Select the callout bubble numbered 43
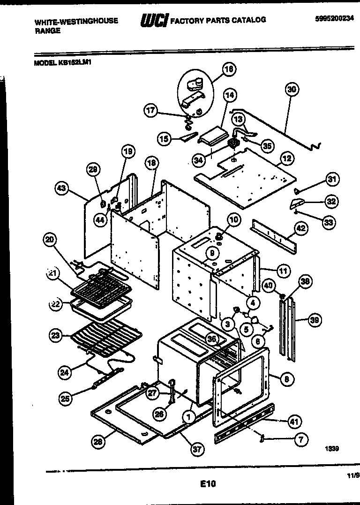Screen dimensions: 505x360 point(61,188)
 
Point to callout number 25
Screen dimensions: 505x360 point(65,399)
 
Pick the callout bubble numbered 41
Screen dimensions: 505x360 point(294,422)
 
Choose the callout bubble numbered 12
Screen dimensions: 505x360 point(287,158)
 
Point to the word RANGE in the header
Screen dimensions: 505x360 point(47,31)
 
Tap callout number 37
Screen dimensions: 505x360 point(197,449)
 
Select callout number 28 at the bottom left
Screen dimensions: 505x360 point(97,442)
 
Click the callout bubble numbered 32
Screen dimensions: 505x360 point(331,201)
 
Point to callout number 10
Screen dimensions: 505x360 point(233,219)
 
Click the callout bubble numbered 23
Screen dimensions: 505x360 point(56,335)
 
